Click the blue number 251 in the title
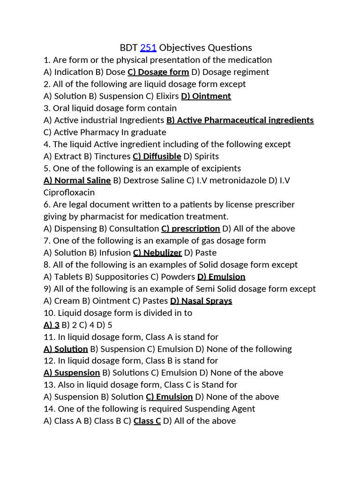click(148, 48)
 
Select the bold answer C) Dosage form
click(158, 72)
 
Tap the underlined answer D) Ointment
click(206, 96)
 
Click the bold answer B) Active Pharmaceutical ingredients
click(240, 120)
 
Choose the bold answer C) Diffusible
click(157, 157)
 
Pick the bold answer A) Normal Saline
click(77, 180)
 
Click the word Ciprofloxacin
click(69, 193)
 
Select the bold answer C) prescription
click(190, 229)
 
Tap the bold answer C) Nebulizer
click(157, 253)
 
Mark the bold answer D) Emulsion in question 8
click(221, 277)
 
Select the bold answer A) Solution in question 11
click(66, 349)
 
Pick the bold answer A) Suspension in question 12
click(72, 373)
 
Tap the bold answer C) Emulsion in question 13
click(169, 397)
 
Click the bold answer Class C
click(147, 421)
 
